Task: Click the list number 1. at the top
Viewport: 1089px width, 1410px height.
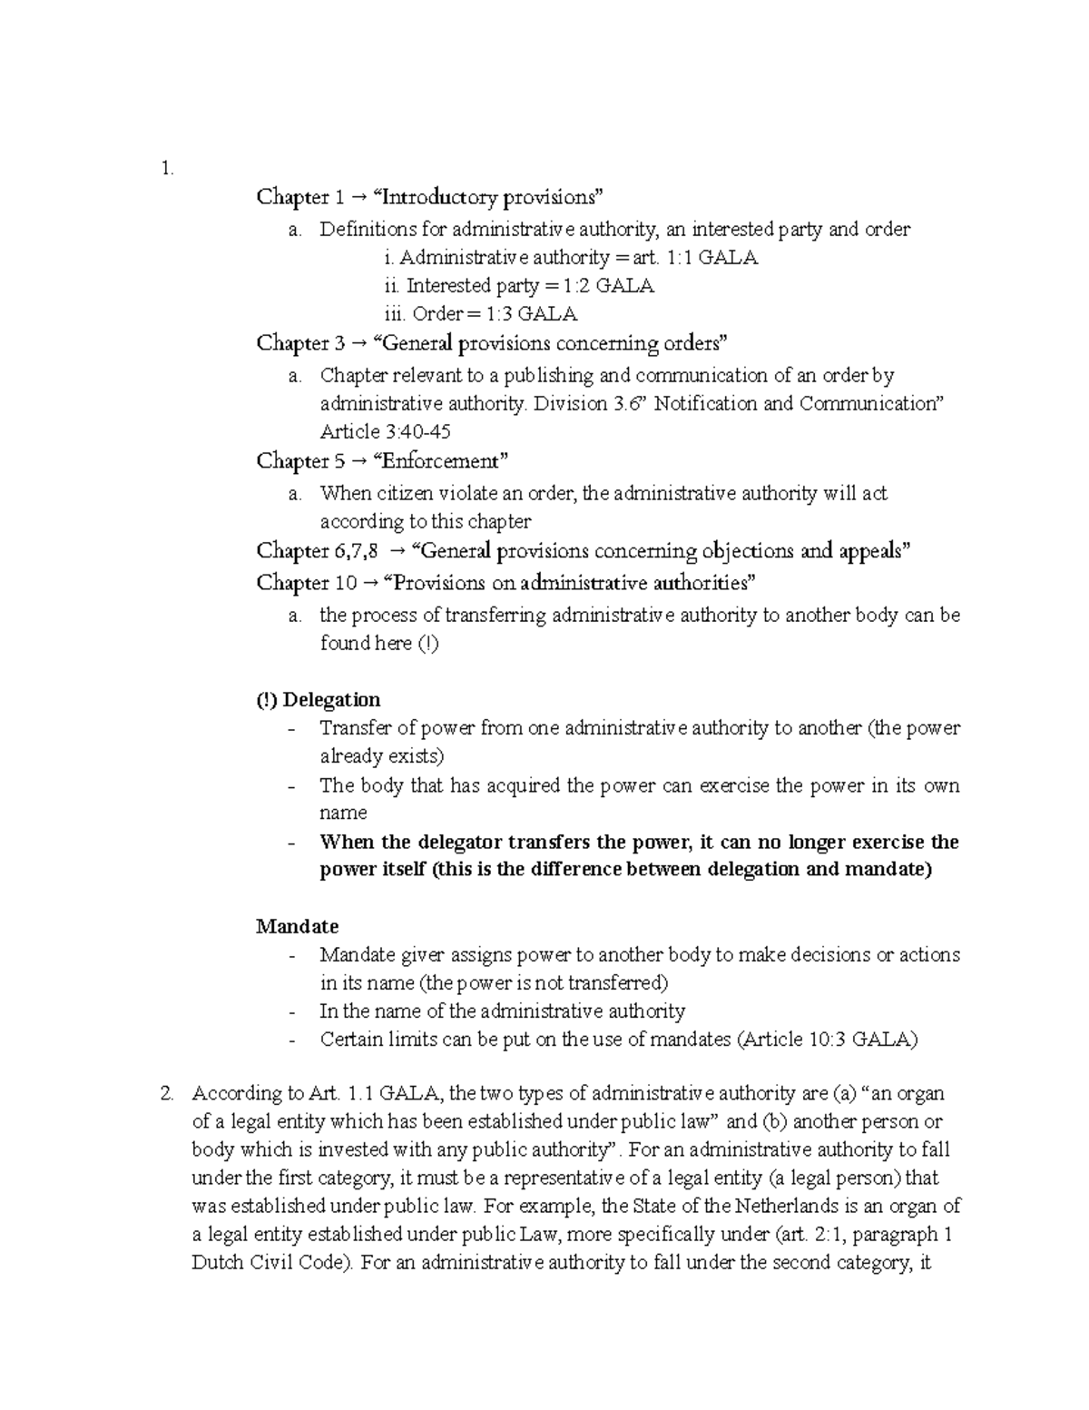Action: pyautogui.click(x=165, y=168)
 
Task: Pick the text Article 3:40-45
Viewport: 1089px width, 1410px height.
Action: pyautogui.click(x=385, y=431)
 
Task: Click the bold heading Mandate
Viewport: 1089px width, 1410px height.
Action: pyautogui.click(x=297, y=926)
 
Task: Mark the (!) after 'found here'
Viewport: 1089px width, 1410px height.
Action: pyautogui.click(x=427, y=644)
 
